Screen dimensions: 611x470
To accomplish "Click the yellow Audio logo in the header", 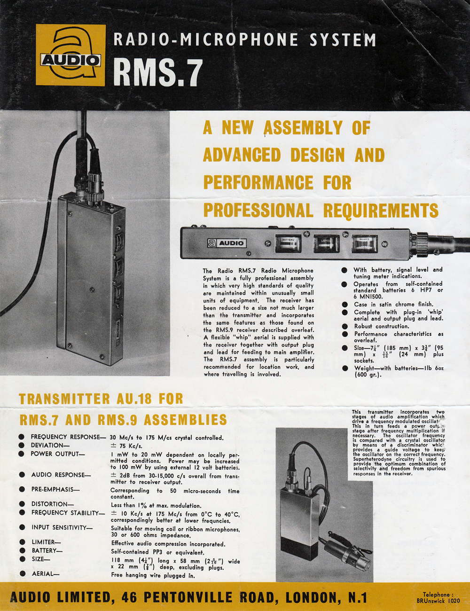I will [70, 55].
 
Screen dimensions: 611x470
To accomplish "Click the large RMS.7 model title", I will [158, 72].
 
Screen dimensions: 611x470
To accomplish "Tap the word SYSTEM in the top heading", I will [343, 39].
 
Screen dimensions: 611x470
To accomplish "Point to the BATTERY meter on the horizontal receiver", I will [287, 243].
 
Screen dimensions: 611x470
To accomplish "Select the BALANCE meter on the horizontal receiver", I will [364, 244].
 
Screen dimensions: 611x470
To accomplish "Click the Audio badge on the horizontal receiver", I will [227, 243].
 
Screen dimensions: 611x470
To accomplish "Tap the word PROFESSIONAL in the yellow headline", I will [258, 210].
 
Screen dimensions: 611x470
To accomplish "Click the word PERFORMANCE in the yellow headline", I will [258, 182].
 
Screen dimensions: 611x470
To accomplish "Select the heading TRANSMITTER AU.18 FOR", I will [101, 399].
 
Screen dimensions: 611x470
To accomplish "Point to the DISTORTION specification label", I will [53, 504].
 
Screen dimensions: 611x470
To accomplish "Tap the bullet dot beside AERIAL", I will [22, 573].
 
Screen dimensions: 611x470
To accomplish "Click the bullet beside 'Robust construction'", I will [345, 326].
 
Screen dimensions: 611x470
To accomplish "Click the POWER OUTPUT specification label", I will [58, 454].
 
